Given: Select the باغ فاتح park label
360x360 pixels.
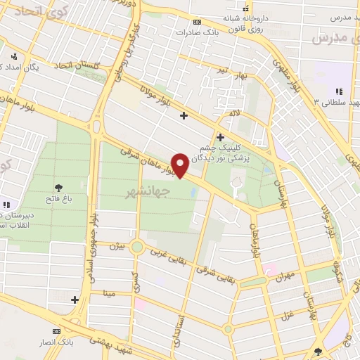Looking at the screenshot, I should click(x=58, y=200).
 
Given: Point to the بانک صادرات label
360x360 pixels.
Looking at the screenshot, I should click(x=194, y=32).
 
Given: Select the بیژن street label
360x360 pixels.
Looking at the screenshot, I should click(x=117, y=247).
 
